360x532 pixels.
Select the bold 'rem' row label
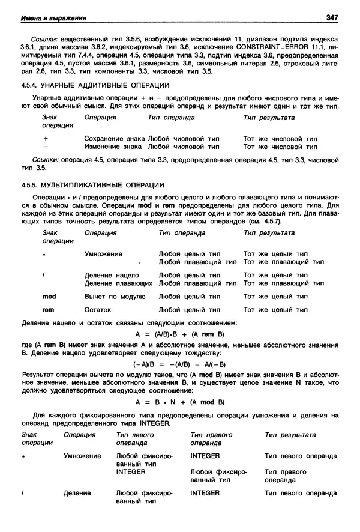click(x=48, y=310)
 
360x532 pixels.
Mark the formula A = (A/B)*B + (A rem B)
click(x=179, y=335)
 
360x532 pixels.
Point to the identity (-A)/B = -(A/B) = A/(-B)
click(x=179, y=364)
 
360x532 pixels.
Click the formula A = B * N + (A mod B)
click(x=179, y=402)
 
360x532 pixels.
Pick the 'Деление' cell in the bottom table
click(x=77, y=493)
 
